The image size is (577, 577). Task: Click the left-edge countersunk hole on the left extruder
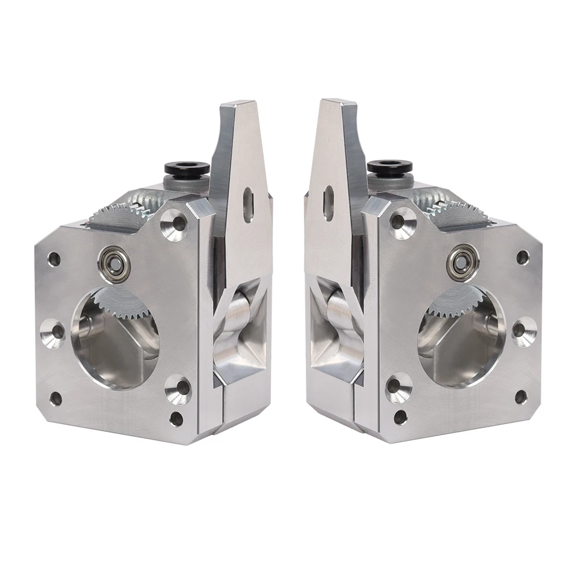[x=54, y=333]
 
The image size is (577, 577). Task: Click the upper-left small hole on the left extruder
[x=54, y=259]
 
